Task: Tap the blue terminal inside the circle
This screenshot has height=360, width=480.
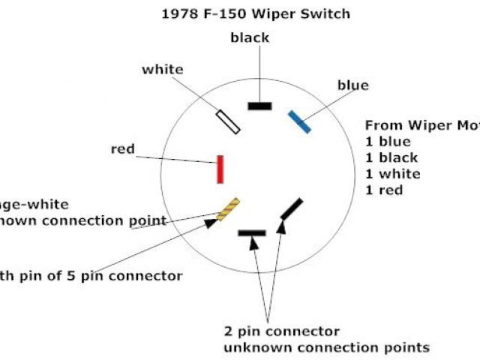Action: (x=300, y=122)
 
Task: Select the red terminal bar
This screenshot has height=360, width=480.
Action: (x=220, y=169)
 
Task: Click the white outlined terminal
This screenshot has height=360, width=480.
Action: (x=228, y=121)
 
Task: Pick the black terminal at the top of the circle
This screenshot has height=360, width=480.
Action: (x=259, y=106)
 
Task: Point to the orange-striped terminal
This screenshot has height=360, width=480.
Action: (x=228, y=209)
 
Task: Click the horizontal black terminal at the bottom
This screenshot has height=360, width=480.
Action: (x=252, y=233)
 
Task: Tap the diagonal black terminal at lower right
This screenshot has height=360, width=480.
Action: (x=292, y=208)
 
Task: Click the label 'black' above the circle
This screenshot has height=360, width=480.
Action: (x=250, y=37)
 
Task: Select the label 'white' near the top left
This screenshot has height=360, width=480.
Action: (x=162, y=70)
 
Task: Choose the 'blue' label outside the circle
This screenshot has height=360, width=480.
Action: (x=352, y=85)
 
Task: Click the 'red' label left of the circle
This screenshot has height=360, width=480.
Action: (x=122, y=149)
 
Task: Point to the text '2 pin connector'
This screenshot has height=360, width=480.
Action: (x=281, y=331)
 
